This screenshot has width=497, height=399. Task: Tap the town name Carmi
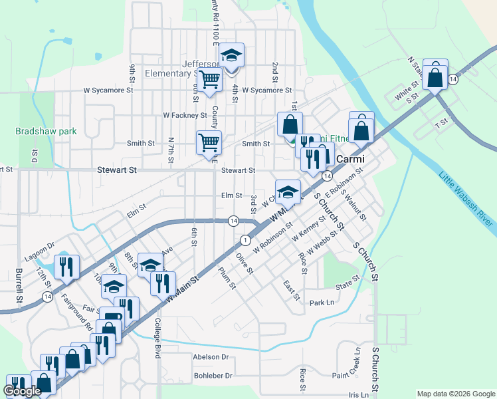tap(348, 159)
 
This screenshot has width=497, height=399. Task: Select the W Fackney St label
tap(185, 115)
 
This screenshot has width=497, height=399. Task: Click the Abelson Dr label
tap(210, 357)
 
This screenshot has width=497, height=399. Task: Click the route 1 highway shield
tap(246, 239)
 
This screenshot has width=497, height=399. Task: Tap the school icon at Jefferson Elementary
tap(232, 56)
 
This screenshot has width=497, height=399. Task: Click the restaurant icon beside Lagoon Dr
tap(67, 267)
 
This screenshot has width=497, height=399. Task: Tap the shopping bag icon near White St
tap(435, 76)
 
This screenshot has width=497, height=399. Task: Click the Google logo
tap(22, 392)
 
